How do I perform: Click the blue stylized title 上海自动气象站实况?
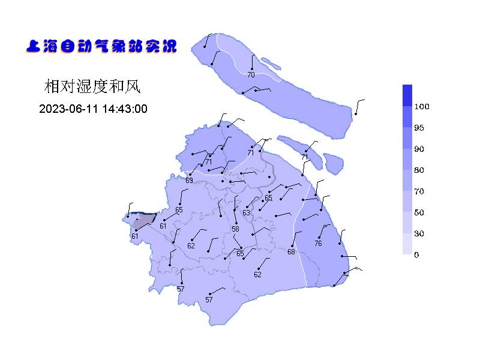101,46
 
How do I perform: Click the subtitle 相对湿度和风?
92,87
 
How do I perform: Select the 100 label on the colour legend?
422,107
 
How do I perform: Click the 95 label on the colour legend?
419,128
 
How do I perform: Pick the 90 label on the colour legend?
419,149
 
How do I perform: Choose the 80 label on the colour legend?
419,170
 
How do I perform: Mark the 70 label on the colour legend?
419,191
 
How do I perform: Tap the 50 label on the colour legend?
419,212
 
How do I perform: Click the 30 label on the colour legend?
419,233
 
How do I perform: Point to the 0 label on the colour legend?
417,255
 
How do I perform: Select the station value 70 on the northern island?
251,75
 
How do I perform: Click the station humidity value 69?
189,181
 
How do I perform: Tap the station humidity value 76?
318,244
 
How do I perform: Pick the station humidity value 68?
291,252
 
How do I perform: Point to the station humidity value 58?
235,229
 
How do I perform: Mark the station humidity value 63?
246,213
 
